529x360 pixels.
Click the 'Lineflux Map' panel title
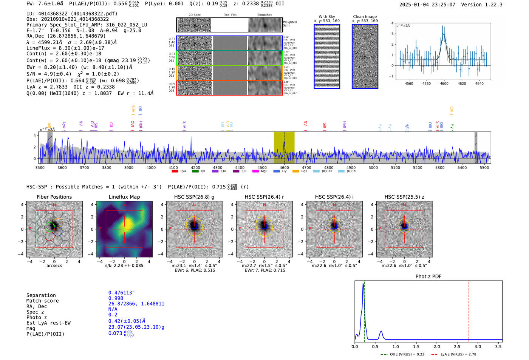point(124,197)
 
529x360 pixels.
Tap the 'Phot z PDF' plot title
point(428,277)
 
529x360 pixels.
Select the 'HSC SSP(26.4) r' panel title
point(264,197)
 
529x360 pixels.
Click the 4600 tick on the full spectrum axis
point(284,168)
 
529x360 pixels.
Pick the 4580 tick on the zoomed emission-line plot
point(426,83)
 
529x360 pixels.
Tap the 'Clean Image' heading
point(365,17)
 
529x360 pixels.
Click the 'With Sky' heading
point(326,17)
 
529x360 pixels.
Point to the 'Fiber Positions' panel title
point(54,197)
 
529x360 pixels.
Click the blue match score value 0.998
point(116,298)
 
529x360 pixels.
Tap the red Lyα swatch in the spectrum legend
point(175,172)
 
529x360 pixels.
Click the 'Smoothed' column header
point(264,15)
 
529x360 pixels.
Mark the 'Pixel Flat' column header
point(230,15)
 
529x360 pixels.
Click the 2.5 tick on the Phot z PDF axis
point(457,346)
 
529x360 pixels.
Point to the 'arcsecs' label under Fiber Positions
point(54,266)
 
